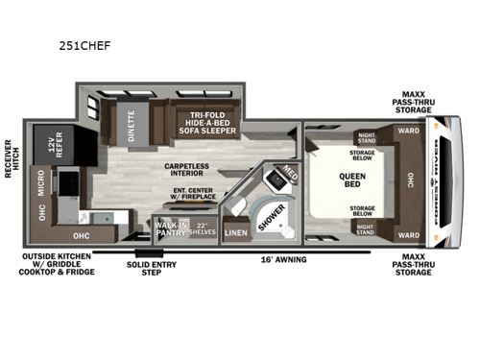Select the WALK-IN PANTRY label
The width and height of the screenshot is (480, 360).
point(170,228)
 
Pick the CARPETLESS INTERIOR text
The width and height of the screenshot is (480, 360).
point(193,171)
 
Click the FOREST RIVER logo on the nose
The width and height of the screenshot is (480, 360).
point(442,180)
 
